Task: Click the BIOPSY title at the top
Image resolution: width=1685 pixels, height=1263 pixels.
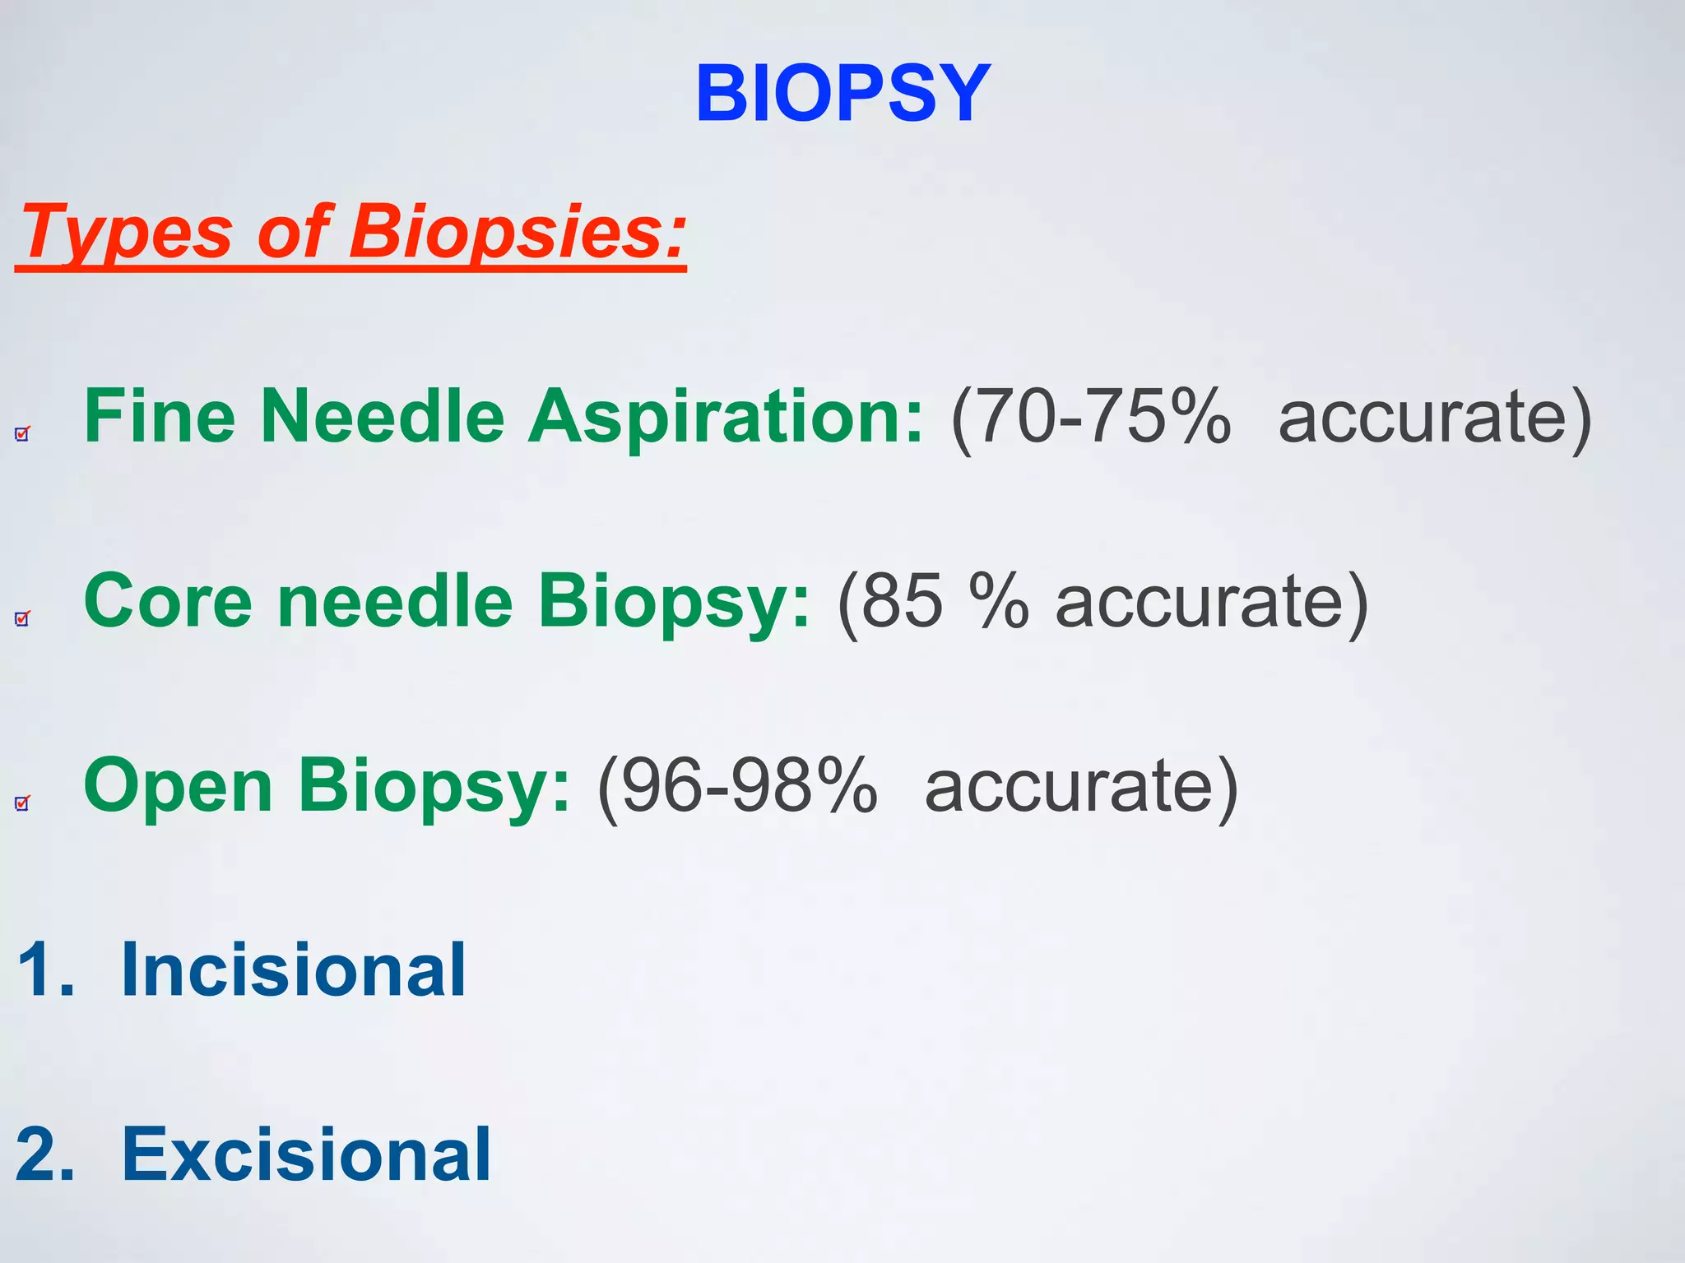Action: point(842,95)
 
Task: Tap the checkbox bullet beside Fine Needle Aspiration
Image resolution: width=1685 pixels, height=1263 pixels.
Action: point(22,433)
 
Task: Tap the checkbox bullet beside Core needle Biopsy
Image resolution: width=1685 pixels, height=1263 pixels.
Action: point(22,618)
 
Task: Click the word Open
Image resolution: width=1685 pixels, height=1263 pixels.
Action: point(178,785)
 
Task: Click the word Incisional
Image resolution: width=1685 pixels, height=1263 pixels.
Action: point(294,970)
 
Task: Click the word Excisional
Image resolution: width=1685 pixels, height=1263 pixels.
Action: point(306,1154)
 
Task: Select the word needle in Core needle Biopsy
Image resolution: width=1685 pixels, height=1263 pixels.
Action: point(395,601)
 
